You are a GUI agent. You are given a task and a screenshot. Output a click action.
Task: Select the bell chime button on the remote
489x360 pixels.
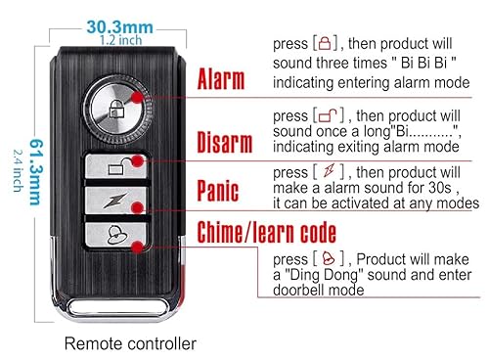(116, 236)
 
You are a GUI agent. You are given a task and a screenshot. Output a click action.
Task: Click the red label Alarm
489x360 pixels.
(222, 79)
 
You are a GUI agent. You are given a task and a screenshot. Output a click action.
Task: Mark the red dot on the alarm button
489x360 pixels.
(146, 98)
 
